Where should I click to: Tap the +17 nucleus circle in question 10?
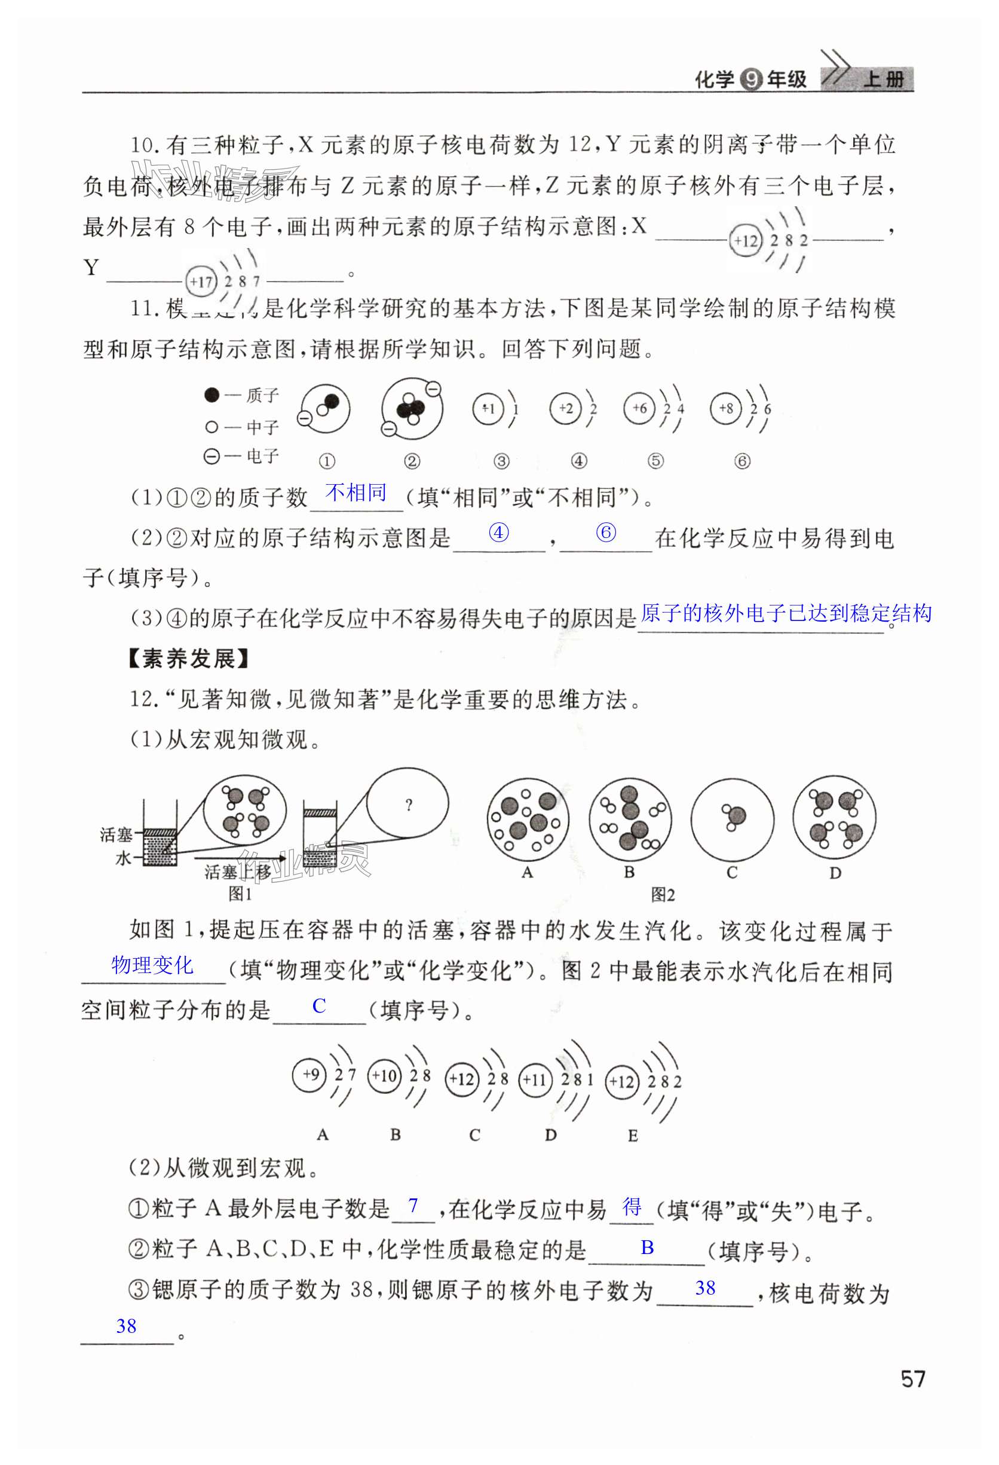202,281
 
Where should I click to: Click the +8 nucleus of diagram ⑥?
726,408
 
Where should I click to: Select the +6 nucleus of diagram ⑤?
639,408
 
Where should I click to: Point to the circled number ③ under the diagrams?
501,461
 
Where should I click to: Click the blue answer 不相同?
356,493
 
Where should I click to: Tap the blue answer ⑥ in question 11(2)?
606,533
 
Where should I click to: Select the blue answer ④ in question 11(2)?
498,533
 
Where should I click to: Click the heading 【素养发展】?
188,659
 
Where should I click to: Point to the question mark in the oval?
409,805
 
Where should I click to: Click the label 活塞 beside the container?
116,835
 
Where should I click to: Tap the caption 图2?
663,895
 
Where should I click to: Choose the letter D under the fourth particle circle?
835,873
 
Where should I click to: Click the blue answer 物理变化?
152,965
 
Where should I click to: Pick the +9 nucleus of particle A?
310,1075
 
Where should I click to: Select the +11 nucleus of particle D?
535,1080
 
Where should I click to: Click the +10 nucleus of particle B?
384,1075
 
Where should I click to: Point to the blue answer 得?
632,1207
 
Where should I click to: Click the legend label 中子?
262,427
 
